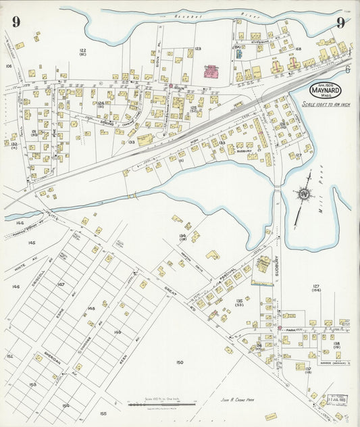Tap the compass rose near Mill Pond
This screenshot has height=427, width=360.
(x=305, y=195)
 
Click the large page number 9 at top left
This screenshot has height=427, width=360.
(x=15, y=22)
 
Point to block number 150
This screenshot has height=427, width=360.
(x=180, y=363)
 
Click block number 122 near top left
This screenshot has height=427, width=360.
(x=82, y=51)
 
